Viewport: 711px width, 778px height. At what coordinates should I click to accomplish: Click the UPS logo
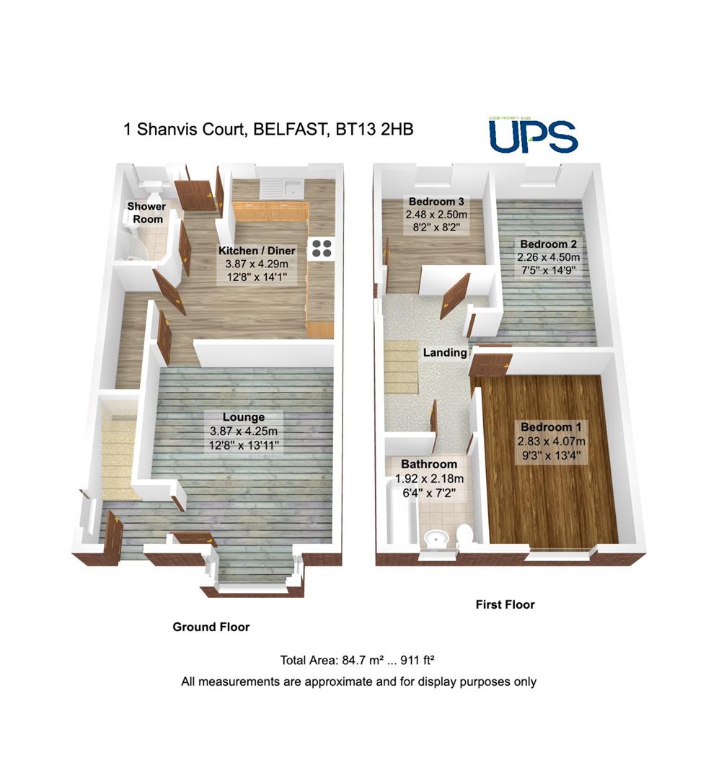pos(533,136)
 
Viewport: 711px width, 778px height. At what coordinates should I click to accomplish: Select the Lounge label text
pos(243,417)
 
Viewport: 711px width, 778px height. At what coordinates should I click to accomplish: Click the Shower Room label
pos(146,213)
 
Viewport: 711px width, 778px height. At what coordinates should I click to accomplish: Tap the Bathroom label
pos(429,464)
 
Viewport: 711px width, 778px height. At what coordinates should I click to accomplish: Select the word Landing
pos(444,353)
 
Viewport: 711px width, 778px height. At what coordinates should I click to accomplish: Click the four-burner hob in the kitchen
pos(322,249)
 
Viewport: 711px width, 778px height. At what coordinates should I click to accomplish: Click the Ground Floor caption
pos(211,627)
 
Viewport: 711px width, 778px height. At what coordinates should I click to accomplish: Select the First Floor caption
pos(505,604)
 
